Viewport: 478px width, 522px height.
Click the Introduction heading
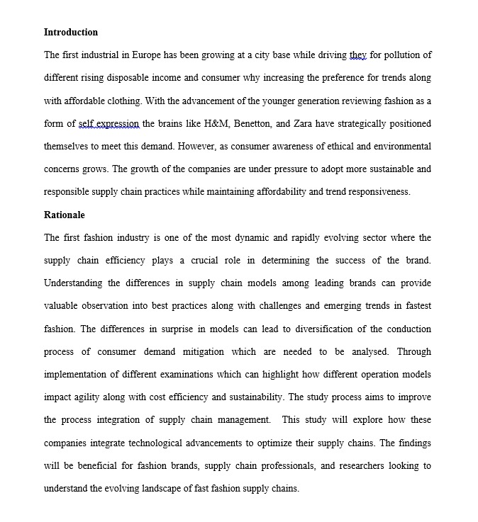(71, 32)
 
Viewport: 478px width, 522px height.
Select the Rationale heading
(65, 215)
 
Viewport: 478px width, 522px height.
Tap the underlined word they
(358, 55)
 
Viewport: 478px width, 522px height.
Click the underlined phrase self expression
(109, 123)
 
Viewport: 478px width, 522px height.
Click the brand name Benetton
(252, 123)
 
